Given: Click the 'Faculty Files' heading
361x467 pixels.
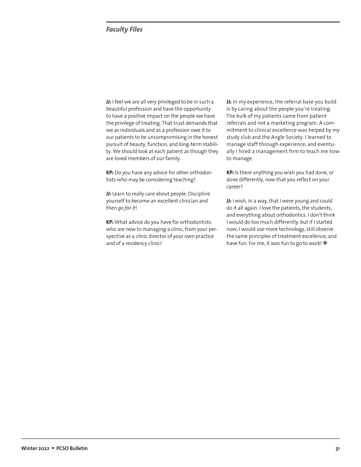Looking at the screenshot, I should tap(124, 29).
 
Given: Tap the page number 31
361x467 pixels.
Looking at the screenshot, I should tap(337, 449).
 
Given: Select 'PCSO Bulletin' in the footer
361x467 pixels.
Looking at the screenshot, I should tap(72, 448).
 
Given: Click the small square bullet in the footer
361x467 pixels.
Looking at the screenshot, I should tap(53, 448).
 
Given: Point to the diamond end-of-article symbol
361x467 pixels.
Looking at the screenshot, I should tap(325, 243).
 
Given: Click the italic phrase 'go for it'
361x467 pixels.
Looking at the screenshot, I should tap(126, 208).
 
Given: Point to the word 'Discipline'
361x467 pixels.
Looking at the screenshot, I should tap(199, 194).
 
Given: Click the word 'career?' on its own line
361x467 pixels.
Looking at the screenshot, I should tap(234, 187).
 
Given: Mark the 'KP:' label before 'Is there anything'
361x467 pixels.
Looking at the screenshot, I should tap(230, 173).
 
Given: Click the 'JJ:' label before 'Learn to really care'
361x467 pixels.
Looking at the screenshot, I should tap(109, 194).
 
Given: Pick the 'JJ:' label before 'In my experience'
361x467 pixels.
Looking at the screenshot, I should tap(229, 102).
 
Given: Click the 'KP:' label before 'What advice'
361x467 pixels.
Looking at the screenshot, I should tap(110, 222).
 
